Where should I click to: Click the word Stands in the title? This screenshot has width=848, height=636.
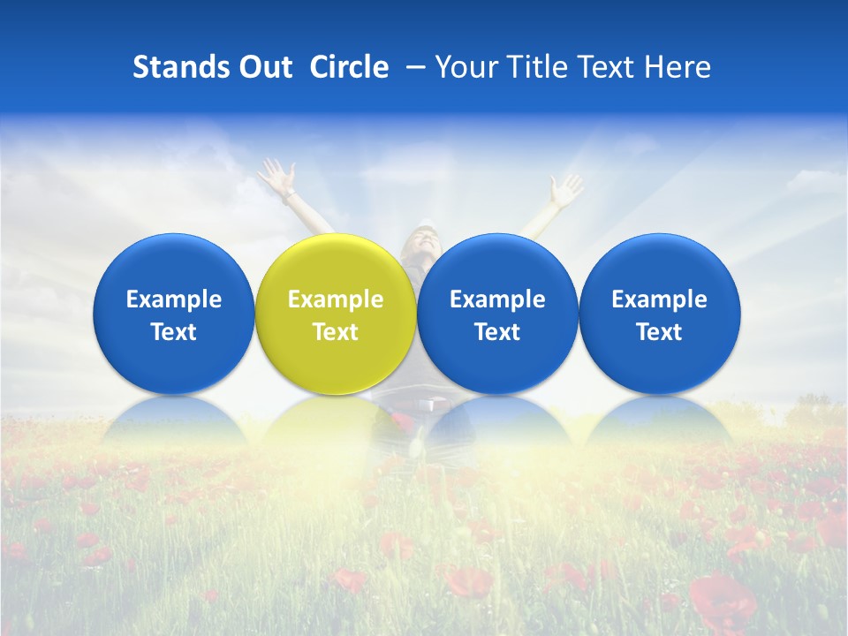(174, 67)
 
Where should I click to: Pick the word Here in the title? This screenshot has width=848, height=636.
(679, 67)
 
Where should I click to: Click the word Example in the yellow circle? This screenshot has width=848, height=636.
(336, 299)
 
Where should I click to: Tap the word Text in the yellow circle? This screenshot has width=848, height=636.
(336, 332)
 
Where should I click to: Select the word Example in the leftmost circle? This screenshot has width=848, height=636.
(174, 299)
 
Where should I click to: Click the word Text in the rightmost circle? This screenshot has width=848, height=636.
(659, 332)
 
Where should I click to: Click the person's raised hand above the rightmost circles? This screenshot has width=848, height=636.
(564, 188)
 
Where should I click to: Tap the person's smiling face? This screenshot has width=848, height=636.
(423, 240)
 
